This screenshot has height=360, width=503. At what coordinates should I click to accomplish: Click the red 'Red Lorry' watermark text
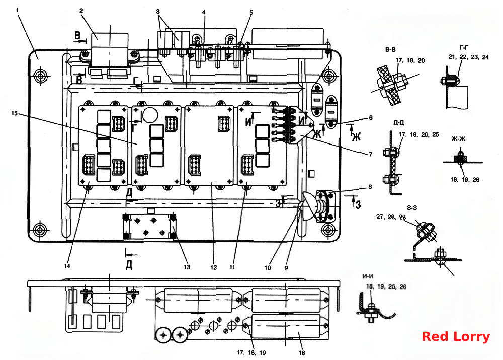456,336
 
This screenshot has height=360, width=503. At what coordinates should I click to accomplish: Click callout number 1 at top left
17,10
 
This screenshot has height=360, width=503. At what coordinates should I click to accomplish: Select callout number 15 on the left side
14,113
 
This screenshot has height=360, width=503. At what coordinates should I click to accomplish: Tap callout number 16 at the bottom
302,353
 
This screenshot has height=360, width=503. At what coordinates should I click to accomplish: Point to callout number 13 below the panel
187,267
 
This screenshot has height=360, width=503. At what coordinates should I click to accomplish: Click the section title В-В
390,49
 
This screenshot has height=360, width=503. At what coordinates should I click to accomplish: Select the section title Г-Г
464,47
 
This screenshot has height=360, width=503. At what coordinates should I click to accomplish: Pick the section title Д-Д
399,123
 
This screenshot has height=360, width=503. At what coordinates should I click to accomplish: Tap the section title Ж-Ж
458,139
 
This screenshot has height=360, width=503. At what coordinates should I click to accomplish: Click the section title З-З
412,208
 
